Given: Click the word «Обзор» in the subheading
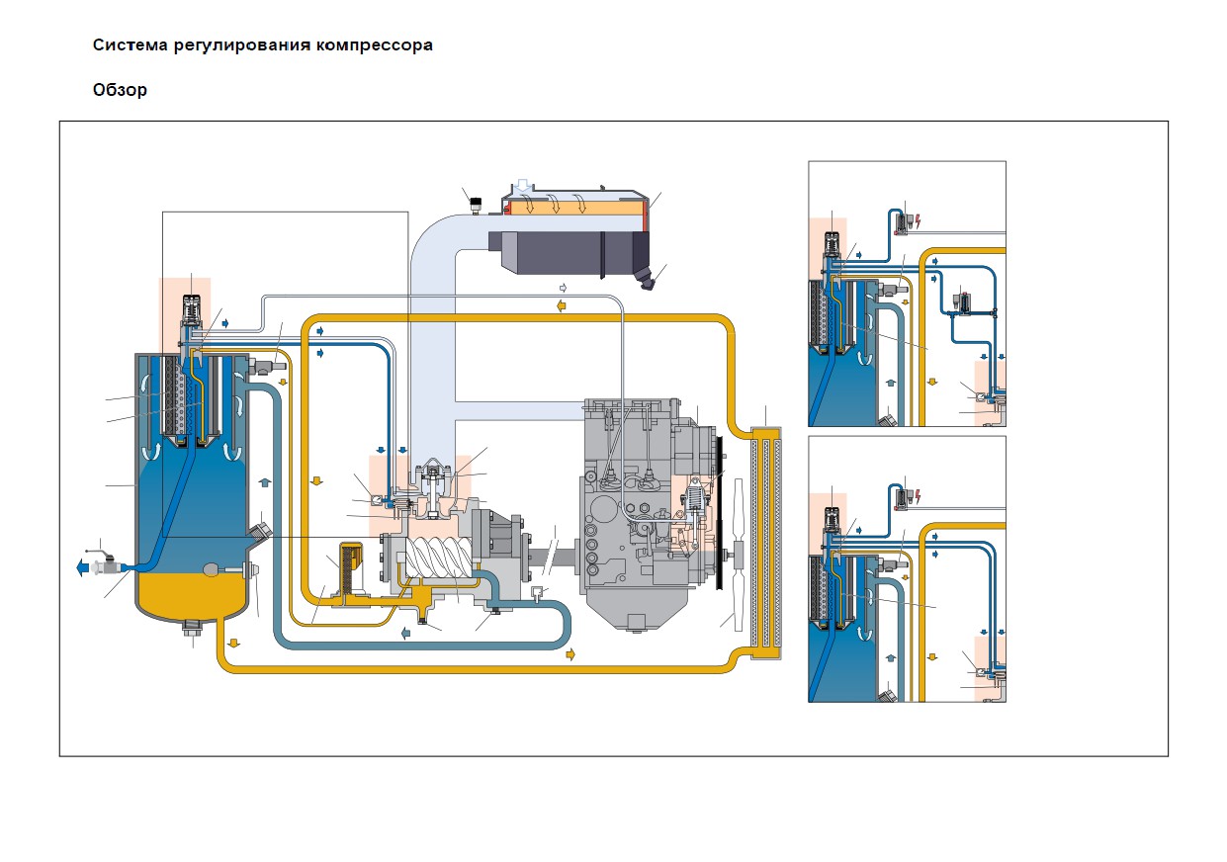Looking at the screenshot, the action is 120,90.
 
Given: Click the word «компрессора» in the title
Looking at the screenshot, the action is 374,44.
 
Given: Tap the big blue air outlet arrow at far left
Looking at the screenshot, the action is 83,567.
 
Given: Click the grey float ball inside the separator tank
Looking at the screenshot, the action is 212,570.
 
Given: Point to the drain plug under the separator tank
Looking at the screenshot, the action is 193,627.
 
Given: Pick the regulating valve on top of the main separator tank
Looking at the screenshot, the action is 191,316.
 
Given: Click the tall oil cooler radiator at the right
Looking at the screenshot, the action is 766,542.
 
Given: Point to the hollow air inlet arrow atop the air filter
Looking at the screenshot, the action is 524,186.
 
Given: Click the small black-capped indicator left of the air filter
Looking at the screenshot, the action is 475,206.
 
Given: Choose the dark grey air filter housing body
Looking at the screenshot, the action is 569,254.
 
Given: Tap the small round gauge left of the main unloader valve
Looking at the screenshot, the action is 378,499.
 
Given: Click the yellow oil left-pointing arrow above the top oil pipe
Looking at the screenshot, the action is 562,305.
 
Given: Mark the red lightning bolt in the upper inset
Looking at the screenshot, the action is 919,222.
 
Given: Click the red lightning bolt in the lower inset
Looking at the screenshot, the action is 919,497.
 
